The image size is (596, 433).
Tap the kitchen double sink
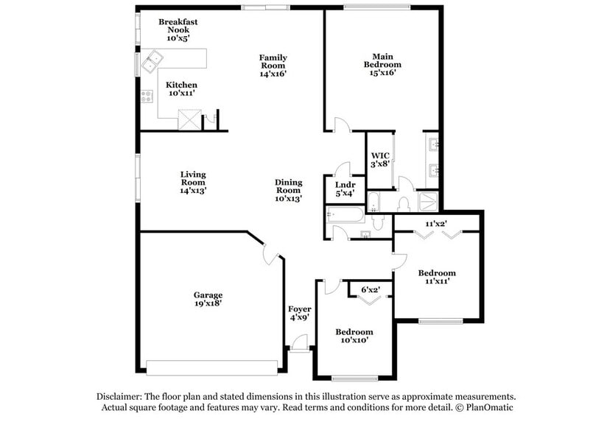click(x=153, y=61)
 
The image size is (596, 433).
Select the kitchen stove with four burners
click(x=147, y=96)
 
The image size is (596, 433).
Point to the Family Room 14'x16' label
click(x=273, y=66)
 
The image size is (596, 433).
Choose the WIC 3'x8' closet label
click(x=379, y=160)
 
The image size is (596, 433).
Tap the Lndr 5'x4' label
click(x=345, y=189)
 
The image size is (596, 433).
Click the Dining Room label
click(x=289, y=190)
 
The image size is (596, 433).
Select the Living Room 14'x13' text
click(x=193, y=182)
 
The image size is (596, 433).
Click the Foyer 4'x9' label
click(x=299, y=313)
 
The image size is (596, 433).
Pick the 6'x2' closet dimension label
click(x=370, y=289)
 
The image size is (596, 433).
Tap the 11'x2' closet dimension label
click(x=436, y=222)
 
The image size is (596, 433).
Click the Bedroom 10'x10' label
click(x=354, y=336)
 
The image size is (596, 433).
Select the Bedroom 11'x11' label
click(x=437, y=277)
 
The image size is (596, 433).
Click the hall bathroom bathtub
click(x=346, y=216)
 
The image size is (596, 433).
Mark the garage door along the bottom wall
click(x=212, y=366)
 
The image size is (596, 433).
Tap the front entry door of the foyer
click(x=300, y=343)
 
